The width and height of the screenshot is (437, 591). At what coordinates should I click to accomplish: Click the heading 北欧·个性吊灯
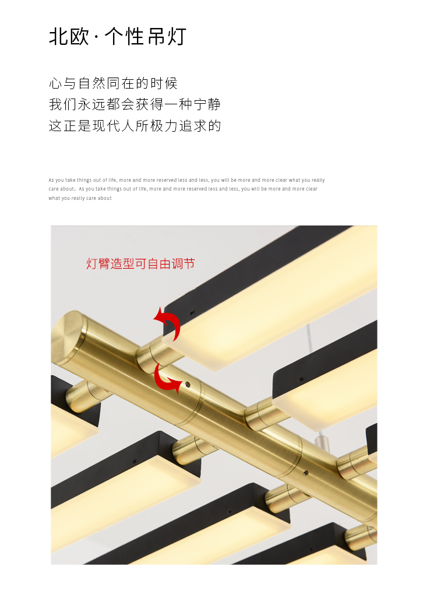pyautogui.click(x=118, y=37)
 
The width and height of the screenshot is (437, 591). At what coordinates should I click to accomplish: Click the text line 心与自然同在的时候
pyautogui.click(x=113, y=83)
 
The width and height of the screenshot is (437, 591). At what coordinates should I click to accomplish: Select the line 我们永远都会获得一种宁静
pyautogui.click(x=135, y=104)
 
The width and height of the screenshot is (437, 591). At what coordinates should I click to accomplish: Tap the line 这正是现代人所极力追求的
pyautogui.click(x=135, y=126)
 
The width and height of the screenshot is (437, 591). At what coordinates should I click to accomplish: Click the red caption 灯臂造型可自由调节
pyautogui.click(x=140, y=263)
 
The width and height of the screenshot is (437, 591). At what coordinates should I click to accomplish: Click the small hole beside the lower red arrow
pyautogui.click(x=188, y=385)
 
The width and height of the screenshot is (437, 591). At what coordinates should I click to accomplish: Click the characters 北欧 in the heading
pyautogui.click(x=69, y=37)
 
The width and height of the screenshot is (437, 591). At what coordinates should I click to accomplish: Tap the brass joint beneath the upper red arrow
pyautogui.click(x=155, y=354)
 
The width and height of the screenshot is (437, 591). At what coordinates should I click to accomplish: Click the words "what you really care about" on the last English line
pyautogui.click(x=80, y=198)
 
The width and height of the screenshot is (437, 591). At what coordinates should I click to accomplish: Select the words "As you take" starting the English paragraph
pyautogui.click(x=62, y=180)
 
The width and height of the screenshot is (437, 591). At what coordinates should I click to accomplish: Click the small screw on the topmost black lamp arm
pyautogui.click(x=192, y=312)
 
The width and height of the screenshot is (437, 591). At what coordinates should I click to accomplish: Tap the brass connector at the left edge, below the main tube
pyautogui.click(x=84, y=396)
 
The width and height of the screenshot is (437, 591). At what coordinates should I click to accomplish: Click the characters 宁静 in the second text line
pyautogui.click(x=207, y=104)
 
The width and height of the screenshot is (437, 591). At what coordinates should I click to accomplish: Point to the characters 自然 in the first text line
pyautogui.click(x=92, y=83)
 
